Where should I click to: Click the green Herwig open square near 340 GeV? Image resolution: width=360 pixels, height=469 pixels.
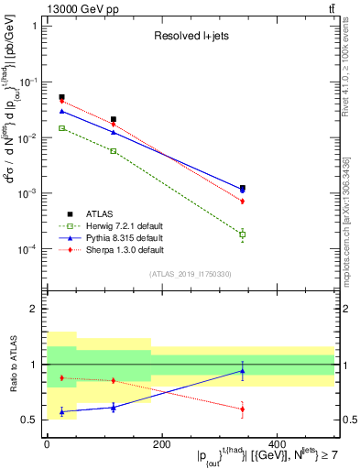pyautogui.click(x=243, y=234)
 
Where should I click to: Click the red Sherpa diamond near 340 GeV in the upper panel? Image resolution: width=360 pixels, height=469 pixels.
pyautogui.click(x=243, y=201)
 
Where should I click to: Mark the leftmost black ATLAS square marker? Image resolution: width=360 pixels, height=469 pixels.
pyautogui.click(x=61, y=97)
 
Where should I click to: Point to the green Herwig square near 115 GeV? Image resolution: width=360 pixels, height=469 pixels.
pyautogui.click(x=114, y=150)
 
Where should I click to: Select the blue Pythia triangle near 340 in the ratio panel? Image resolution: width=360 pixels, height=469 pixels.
pyautogui.click(x=243, y=371)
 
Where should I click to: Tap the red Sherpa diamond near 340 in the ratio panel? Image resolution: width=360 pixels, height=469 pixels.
pyautogui.click(x=243, y=409)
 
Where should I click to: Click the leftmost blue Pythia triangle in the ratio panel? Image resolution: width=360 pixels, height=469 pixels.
pyautogui.click(x=61, y=411)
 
